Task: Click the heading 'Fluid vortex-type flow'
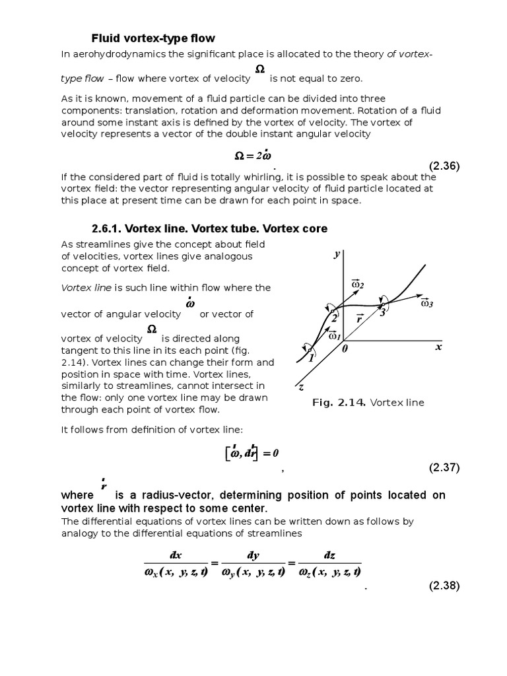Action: (x=152, y=38)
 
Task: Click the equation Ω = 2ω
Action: (x=253, y=155)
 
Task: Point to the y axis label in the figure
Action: (x=337, y=254)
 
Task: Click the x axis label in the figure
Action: (x=437, y=347)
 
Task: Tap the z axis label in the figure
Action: (x=300, y=388)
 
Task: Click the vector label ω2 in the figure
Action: (x=358, y=284)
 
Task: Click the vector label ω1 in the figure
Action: (x=334, y=335)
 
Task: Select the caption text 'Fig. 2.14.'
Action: (x=339, y=403)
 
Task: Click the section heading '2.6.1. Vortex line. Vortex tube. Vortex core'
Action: (x=209, y=228)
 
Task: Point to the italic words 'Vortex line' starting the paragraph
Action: (x=87, y=288)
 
